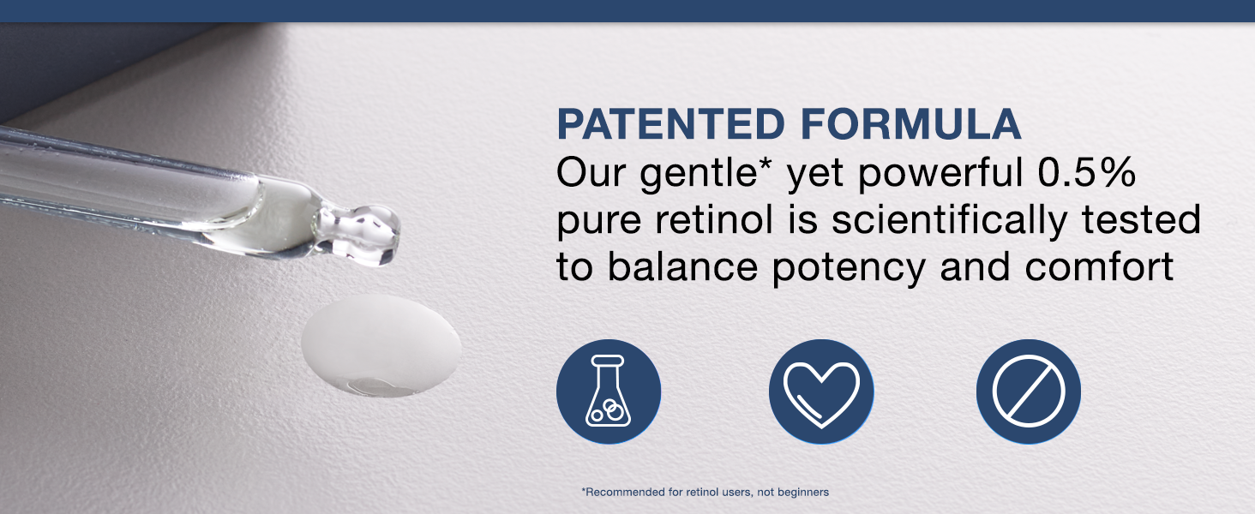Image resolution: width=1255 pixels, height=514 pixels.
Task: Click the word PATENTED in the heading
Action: tap(670, 123)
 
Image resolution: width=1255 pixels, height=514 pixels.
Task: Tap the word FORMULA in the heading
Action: tap(911, 123)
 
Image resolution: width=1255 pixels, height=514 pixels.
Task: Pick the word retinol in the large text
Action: tap(714, 219)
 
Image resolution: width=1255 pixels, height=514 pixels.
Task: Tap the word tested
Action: tap(1141, 220)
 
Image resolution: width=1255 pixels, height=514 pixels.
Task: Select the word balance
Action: tap(682, 266)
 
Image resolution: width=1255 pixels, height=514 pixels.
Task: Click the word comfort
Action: tap(1099, 266)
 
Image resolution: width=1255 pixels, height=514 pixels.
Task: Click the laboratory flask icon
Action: tap(609, 391)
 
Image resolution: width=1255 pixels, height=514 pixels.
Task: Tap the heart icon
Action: tap(820, 391)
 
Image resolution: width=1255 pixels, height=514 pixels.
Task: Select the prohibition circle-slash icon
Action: tap(1029, 391)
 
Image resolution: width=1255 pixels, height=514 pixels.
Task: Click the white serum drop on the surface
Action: tap(381, 345)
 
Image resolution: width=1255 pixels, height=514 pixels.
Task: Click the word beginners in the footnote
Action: tap(802, 493)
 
